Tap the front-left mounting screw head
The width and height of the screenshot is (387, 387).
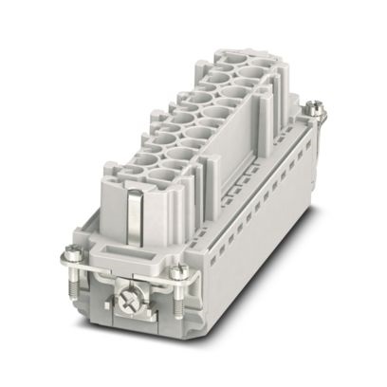[x=74, y=253]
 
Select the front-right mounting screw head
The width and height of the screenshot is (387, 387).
[x=179, y=274]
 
